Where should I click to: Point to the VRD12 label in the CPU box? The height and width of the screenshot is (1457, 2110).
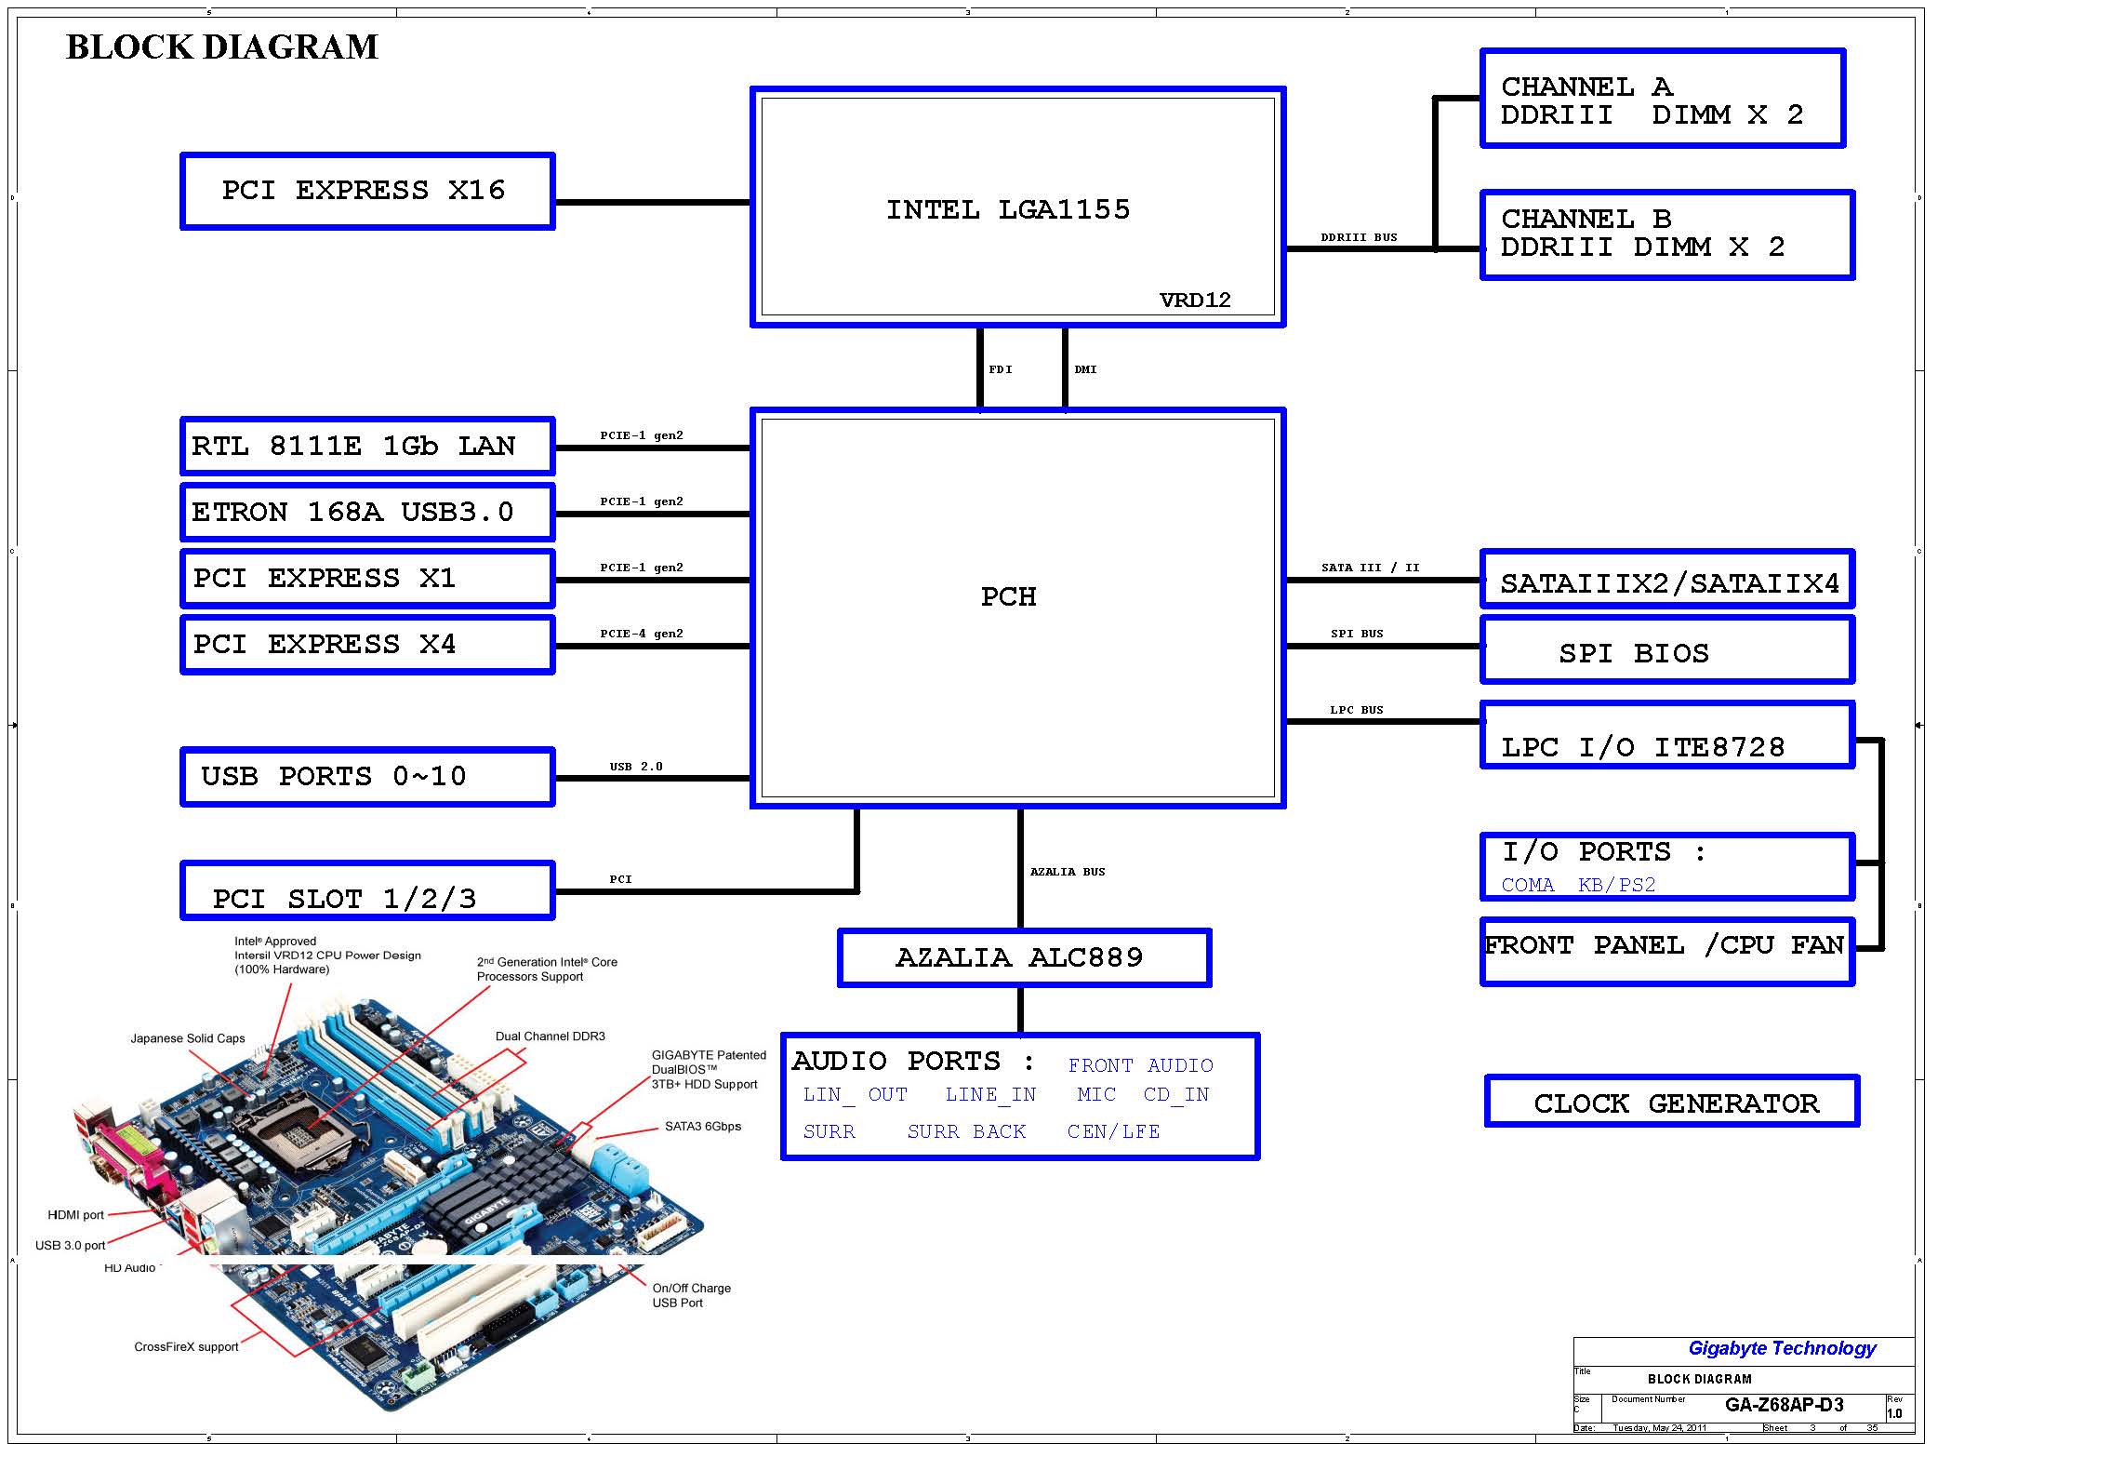1195,300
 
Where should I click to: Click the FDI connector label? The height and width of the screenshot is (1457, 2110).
1001,369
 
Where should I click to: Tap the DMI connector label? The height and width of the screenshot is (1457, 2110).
1085,369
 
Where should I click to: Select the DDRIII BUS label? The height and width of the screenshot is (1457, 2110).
1359,237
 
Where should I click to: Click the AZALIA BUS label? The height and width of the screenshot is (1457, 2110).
1068,872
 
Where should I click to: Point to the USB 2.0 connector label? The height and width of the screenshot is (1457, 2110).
636,767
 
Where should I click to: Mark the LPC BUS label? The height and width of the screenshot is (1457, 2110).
1356,710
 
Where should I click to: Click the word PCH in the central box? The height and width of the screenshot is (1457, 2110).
1008,596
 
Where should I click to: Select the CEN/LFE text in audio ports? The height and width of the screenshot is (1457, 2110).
1113,1131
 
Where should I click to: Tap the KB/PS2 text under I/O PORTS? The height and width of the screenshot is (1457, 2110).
1616,885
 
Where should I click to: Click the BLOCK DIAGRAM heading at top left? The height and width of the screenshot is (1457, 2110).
222,47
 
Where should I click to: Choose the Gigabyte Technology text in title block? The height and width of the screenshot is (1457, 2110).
1782,1348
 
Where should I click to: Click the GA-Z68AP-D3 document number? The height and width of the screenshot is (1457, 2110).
1784,1405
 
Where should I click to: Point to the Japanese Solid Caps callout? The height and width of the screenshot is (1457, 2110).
188,1038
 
